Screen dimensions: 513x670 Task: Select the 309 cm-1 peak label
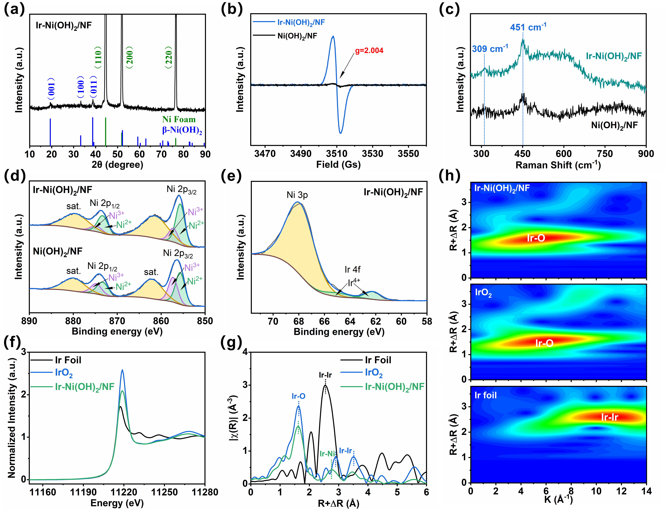click(490, 49)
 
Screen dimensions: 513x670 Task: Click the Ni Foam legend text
click(179, 119)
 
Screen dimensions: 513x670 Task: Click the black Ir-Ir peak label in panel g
click(325, 375)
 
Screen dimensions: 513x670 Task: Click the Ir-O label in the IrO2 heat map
click(544, 343)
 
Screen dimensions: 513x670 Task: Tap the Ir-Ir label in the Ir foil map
click(609, 417)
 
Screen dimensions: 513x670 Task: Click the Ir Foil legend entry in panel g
click(378, 360)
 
